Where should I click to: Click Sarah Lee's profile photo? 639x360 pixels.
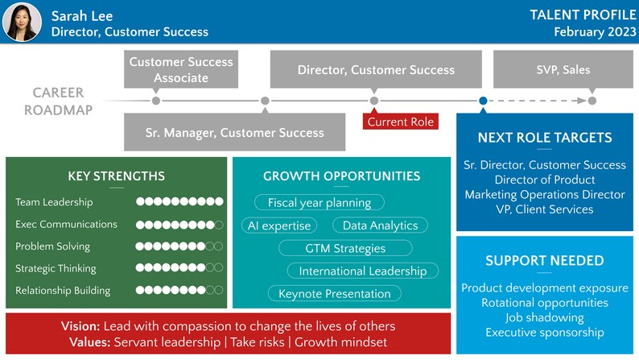pos(23,22)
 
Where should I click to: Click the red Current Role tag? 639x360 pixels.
pos(400,122)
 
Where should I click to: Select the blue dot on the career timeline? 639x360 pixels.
pos(483,101)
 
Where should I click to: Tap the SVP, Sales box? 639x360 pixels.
pos(563,69)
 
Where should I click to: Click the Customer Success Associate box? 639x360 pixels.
pos(181,69)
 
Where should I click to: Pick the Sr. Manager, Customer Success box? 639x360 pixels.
pos(235,132)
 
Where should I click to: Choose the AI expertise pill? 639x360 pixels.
pos(279,226)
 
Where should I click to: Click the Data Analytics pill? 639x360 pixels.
pos(380,226)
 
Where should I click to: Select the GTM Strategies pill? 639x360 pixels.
pos(345,248)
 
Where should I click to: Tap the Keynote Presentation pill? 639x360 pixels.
pos(334,293)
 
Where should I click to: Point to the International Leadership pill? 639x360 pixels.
pos(362,271)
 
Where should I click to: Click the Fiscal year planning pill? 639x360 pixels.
pos(319,203)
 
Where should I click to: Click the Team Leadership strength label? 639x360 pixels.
pos(54,202)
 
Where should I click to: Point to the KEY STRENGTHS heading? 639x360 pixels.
pos(117,176)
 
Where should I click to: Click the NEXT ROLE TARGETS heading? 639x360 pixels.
pos(545,138)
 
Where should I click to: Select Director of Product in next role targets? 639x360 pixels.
pos(545,180)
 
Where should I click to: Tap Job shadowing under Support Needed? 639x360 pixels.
pos(545,317)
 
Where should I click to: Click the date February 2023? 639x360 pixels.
pos(593,31)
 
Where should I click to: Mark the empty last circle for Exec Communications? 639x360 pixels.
pos(218,225)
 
